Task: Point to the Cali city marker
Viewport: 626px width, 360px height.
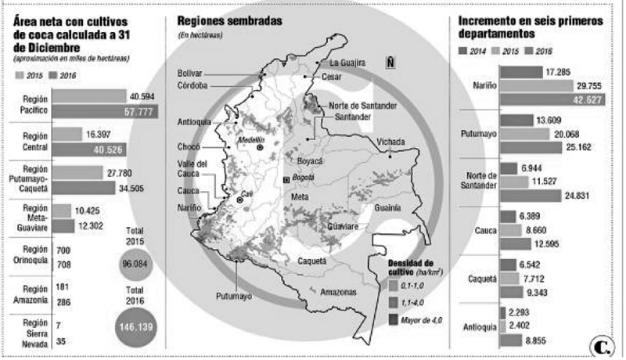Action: [x=241, y=200]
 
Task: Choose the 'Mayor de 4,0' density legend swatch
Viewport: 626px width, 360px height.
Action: [x=394, y=319]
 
